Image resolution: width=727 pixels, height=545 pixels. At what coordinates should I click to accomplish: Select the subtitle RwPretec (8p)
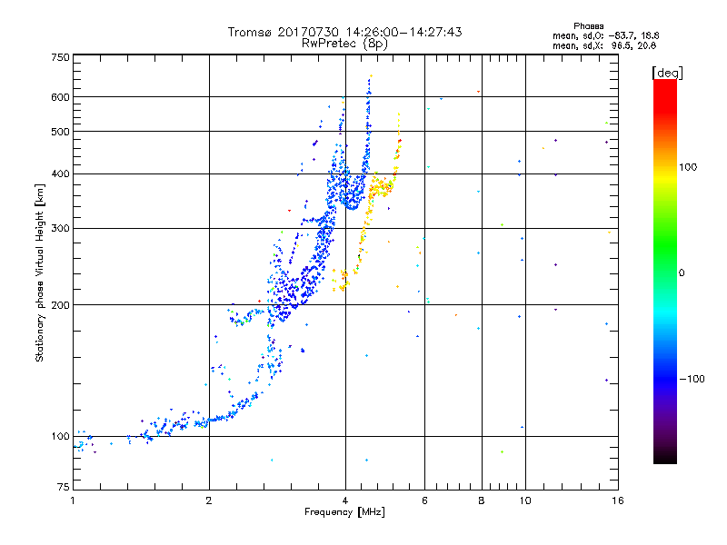344,44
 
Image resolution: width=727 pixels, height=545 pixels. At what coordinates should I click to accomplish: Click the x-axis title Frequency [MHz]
344,512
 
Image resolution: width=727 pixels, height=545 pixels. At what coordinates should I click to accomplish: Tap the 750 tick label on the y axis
60,57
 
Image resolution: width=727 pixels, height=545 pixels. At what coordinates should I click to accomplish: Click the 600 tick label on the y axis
60,97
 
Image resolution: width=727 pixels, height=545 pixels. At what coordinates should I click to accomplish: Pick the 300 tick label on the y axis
60,228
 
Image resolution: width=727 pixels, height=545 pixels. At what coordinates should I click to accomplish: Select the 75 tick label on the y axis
64,487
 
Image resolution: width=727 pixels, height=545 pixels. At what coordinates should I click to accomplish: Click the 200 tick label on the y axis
60,304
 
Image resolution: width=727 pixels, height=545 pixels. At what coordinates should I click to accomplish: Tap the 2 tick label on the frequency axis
209,500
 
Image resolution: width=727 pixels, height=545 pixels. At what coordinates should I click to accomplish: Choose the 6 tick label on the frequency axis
424,500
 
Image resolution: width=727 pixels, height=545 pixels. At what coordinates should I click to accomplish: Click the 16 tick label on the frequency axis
618,500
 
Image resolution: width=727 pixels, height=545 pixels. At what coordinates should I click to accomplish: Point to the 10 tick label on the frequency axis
525,500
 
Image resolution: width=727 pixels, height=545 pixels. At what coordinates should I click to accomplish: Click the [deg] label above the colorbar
667,74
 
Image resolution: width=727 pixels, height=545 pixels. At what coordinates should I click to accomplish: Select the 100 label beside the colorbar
688,167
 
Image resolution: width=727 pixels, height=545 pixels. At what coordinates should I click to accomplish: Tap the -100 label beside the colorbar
692,379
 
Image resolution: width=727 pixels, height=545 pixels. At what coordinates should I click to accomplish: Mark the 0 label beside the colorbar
682,273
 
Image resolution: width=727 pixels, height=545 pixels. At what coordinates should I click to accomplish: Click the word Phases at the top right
588,26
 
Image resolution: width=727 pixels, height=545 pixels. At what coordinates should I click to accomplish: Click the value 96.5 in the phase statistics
622,45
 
